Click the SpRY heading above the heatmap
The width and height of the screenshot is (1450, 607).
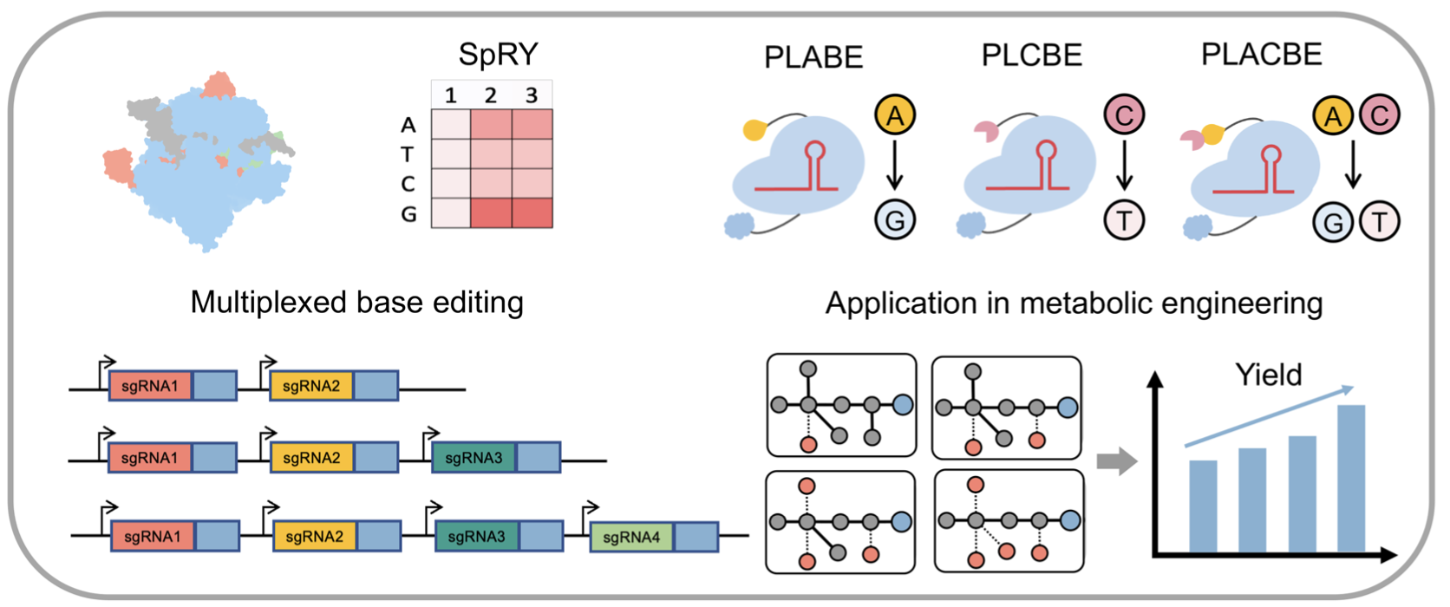click(x=498, y=55)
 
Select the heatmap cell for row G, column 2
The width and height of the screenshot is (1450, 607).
click(x=491, y=213)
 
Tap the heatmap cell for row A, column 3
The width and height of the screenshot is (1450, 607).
click(x=532, y=125)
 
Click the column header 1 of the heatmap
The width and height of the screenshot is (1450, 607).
click(x=451, y=95)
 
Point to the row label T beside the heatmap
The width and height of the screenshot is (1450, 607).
click(x=408, y=155)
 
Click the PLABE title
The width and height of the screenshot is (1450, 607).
click(x=813, y=57)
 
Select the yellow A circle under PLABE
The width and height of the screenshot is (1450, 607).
click(x=895, y=115)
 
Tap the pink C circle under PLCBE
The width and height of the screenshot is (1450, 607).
click(x=1124, y=114)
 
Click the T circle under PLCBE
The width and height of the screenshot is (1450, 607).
click(x=1124, y=220)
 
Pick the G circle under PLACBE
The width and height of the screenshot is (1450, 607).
click(x=1333, y=222)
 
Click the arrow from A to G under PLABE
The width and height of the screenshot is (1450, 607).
click(x=895, y=167)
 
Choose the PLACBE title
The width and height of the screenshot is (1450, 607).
click(x=1261, y=55)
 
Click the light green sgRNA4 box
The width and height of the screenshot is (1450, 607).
click(x=631, y=538)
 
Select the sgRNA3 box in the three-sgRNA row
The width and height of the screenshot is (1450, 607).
click(x=473, y=458)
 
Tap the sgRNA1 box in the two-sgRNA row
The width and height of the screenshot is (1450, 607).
click(x=150, y=386)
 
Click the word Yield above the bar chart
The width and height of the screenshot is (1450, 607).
click(x=1269, y=375)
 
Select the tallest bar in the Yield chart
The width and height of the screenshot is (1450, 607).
click(x=1351, y=478)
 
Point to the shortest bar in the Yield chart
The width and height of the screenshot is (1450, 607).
click(x=1202, y=506)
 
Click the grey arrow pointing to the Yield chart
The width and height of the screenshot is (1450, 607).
click(x=1116, y=460)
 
